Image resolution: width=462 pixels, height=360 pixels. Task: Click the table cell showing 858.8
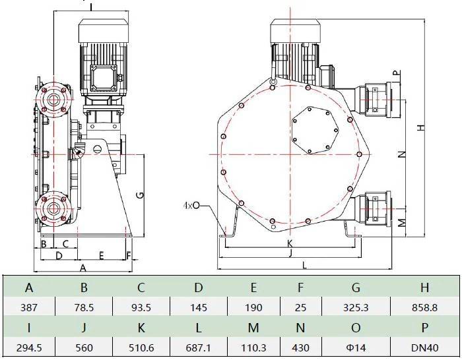[x=424, y=308]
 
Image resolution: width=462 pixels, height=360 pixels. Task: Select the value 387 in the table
[x=29, y=308]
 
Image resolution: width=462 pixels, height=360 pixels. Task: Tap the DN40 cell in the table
[x=424, y=347]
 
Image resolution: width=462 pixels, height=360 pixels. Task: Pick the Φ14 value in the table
[x=356, y=347]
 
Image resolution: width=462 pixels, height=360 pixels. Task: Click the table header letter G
[x=356, y=287]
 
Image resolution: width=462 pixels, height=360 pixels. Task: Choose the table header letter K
[x=141, y=328]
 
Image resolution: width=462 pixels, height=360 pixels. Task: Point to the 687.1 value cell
[x=198, y=347]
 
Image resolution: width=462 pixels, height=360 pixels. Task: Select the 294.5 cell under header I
[x=29, y=347]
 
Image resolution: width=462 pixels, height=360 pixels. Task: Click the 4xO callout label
[x=191, y=205]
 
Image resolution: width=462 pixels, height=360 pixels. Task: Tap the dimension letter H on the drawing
[x=422, y=127]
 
